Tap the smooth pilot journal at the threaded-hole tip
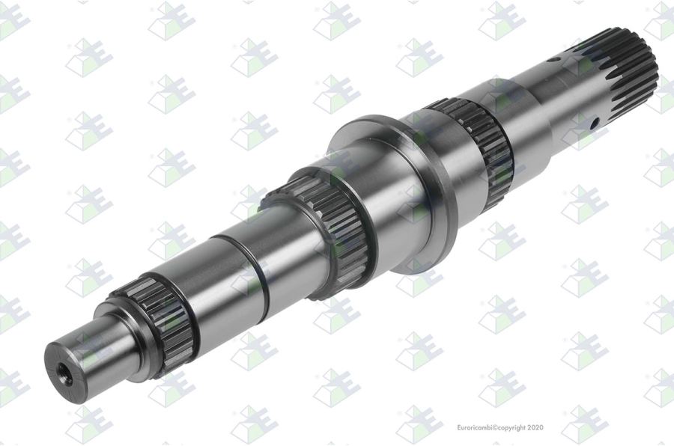coord(82,357)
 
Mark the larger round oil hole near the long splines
coord(593,123)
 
